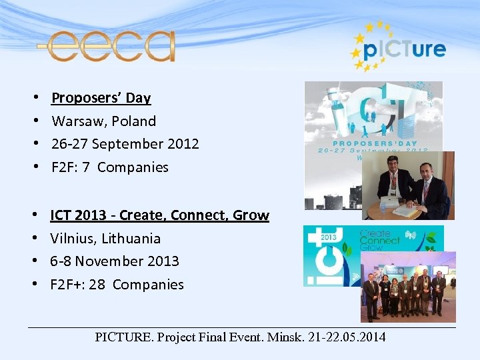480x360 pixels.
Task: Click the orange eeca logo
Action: click(x=106, y=46)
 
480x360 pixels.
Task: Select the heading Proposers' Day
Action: click(x=101, y=98)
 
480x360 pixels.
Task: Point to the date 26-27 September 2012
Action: click(x=125, y=144)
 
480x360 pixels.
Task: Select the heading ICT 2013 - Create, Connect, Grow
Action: click(x=159, y=215)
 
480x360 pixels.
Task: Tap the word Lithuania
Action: click(x=131, y=239)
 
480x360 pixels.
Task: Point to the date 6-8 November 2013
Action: click(x=115, y=261)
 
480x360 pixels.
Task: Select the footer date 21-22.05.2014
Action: click(x=347, y=337)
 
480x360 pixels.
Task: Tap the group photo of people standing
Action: click(x=408, y=287)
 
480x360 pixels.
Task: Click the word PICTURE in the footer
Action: click(x=123, y=337)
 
